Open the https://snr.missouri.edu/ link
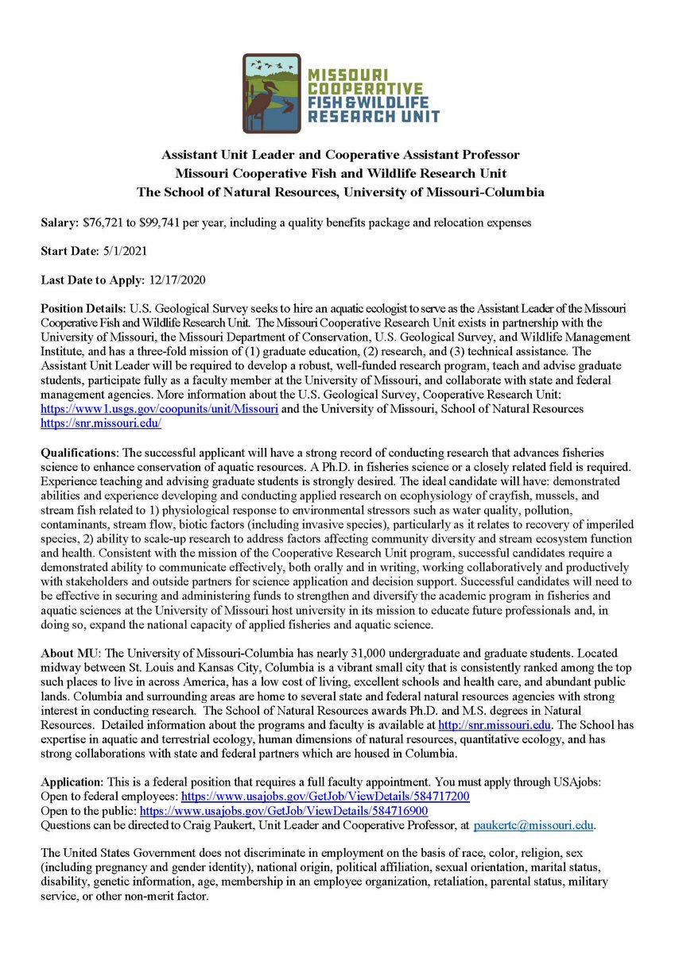click(x=101, y=422)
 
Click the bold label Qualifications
click(x=83, y=451)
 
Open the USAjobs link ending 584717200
click(x=325, y=795)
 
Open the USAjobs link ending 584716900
click(x=284, y=809)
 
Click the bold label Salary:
click(x=60, y=225)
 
